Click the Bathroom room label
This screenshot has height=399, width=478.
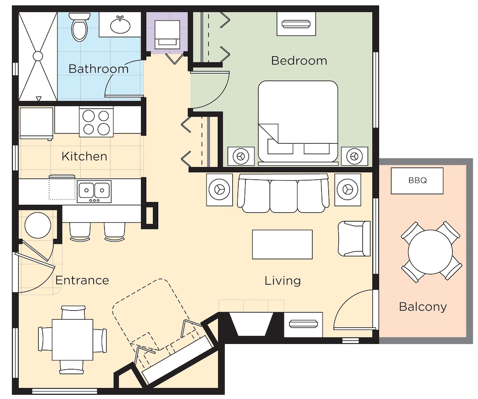pyautogui.click(x=98, y=69)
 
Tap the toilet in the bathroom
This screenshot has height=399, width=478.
pyautogui.click(x=79, y=27)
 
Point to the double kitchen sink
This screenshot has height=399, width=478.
pyautogui.click(x=94, y=190)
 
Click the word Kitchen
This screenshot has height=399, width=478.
pyautogui.click(x=84, y=156)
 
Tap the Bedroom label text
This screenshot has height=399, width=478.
pyautogui.click(x=299, y=61)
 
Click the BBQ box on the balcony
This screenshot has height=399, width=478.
pyautogui.click(x=417, y=181)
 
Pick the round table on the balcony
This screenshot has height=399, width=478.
pyautogui.click(x=430, y=251)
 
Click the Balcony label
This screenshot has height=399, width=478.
pyautogui.click(x=423, y=306)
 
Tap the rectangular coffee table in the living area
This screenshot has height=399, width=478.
pyautogui.click(x=282, y=244)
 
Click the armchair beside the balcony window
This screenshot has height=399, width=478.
pyautogui.click(x=354, y=238)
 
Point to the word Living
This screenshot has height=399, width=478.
pyautogui.click(x=282, y=281)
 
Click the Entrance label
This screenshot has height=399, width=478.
pyautogui.click(x=82, y=280)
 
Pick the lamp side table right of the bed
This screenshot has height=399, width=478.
pyautogui.click(x=355, y=156)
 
